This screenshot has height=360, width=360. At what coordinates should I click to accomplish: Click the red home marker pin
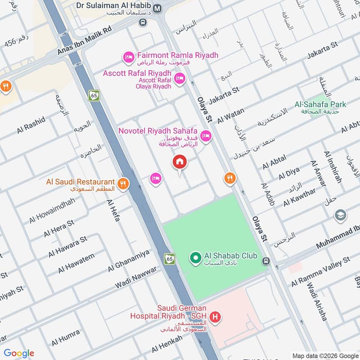180,162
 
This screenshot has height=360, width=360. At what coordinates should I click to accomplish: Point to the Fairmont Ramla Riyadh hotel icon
128,57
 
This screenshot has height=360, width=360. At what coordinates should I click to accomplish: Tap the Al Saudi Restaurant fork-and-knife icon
122,183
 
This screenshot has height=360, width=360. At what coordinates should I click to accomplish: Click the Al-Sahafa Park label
320,104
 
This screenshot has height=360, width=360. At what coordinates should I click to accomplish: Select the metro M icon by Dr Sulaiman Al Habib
157,8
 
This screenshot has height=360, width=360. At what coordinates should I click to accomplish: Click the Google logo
19,353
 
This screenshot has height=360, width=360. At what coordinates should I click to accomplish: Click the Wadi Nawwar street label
136,277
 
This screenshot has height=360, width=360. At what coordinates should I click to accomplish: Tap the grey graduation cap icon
341,216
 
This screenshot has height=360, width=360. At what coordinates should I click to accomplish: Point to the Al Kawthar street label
300,197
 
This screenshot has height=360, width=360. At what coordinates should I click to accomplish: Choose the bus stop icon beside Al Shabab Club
266,261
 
